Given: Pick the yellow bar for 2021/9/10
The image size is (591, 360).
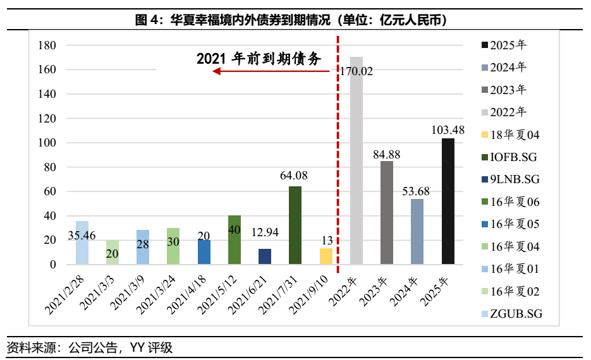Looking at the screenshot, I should coord(326,256).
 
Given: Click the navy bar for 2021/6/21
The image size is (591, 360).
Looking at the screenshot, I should coord(265,256).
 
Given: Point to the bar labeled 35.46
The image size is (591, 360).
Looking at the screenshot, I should coord(82,243).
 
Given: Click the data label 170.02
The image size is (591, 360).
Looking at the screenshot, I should coord(356,71).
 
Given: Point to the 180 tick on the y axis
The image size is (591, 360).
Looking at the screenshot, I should coord(48,45).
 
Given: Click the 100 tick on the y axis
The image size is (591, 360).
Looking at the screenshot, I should coord(48,143).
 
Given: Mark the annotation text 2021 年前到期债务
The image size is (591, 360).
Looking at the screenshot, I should coord(259,59).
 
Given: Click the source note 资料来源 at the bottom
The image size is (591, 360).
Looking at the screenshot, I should coord(32,347).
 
